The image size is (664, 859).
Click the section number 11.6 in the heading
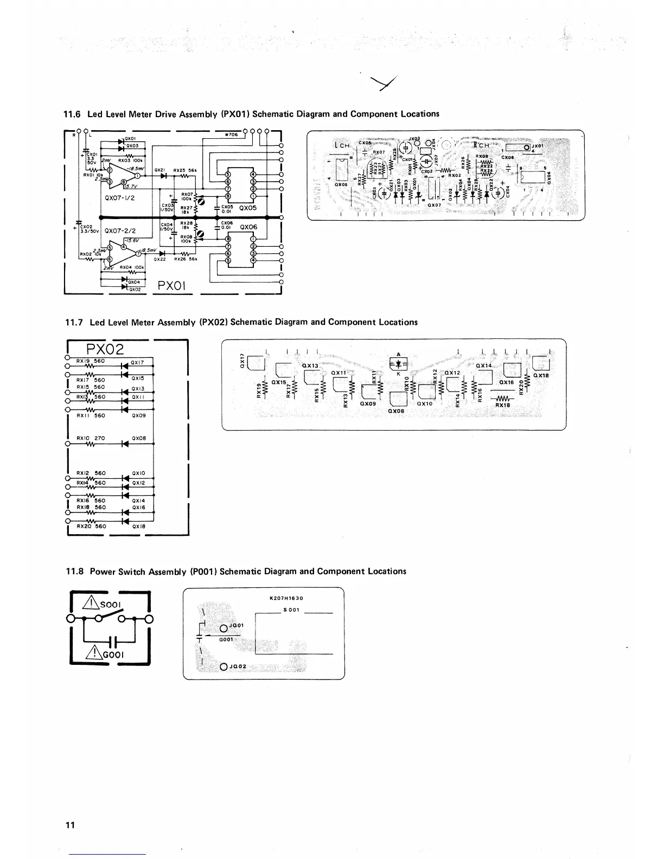pyautogui.click(x=72, y=114)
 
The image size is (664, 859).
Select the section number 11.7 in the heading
pyautogui.click(x=73, y=323)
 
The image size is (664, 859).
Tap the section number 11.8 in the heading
pyautogui.click(x=74, y=572)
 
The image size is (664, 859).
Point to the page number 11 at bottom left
pyautogui.click(x=69, y=825)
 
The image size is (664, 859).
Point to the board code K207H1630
pyautogui.click(x=286, y=598)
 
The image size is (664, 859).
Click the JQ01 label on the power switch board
pyautogui.click(x=237, y=625)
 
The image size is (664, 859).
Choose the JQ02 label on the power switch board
pyautogui.click(x=237, y=666)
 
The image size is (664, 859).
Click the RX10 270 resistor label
pyautogui.click(x=91, y=438)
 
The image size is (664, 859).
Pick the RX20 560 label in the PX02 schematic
pyautogui.click(x=91, y=526)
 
